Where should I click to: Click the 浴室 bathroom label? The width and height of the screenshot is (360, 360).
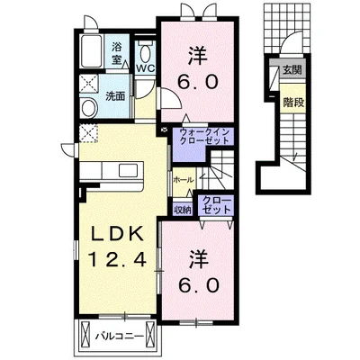pos(116,53)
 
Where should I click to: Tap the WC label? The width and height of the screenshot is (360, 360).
pos(146,68)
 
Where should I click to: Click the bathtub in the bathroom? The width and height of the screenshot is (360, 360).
pos(91,51)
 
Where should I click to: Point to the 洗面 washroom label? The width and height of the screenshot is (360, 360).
pos(115,96)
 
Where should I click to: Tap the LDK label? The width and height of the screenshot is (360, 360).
pos(117,234)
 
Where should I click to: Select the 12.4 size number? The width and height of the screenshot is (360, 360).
pos(117,259)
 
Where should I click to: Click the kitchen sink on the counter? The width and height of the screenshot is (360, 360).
pos(129,170)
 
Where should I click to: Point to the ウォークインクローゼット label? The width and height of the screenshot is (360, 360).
pos(204,136)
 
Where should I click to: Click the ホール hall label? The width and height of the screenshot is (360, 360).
pos(184,180)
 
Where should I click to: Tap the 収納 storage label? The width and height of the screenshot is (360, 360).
pos(183,211)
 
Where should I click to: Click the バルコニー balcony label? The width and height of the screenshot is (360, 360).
pos(120,337)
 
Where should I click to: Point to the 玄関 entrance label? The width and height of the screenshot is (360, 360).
pos(292,70)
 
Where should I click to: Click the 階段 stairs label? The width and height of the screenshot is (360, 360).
pos(293,103)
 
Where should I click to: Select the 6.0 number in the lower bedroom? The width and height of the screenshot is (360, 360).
pos(198,285)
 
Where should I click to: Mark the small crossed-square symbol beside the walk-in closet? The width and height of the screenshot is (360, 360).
pos(165,130)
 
